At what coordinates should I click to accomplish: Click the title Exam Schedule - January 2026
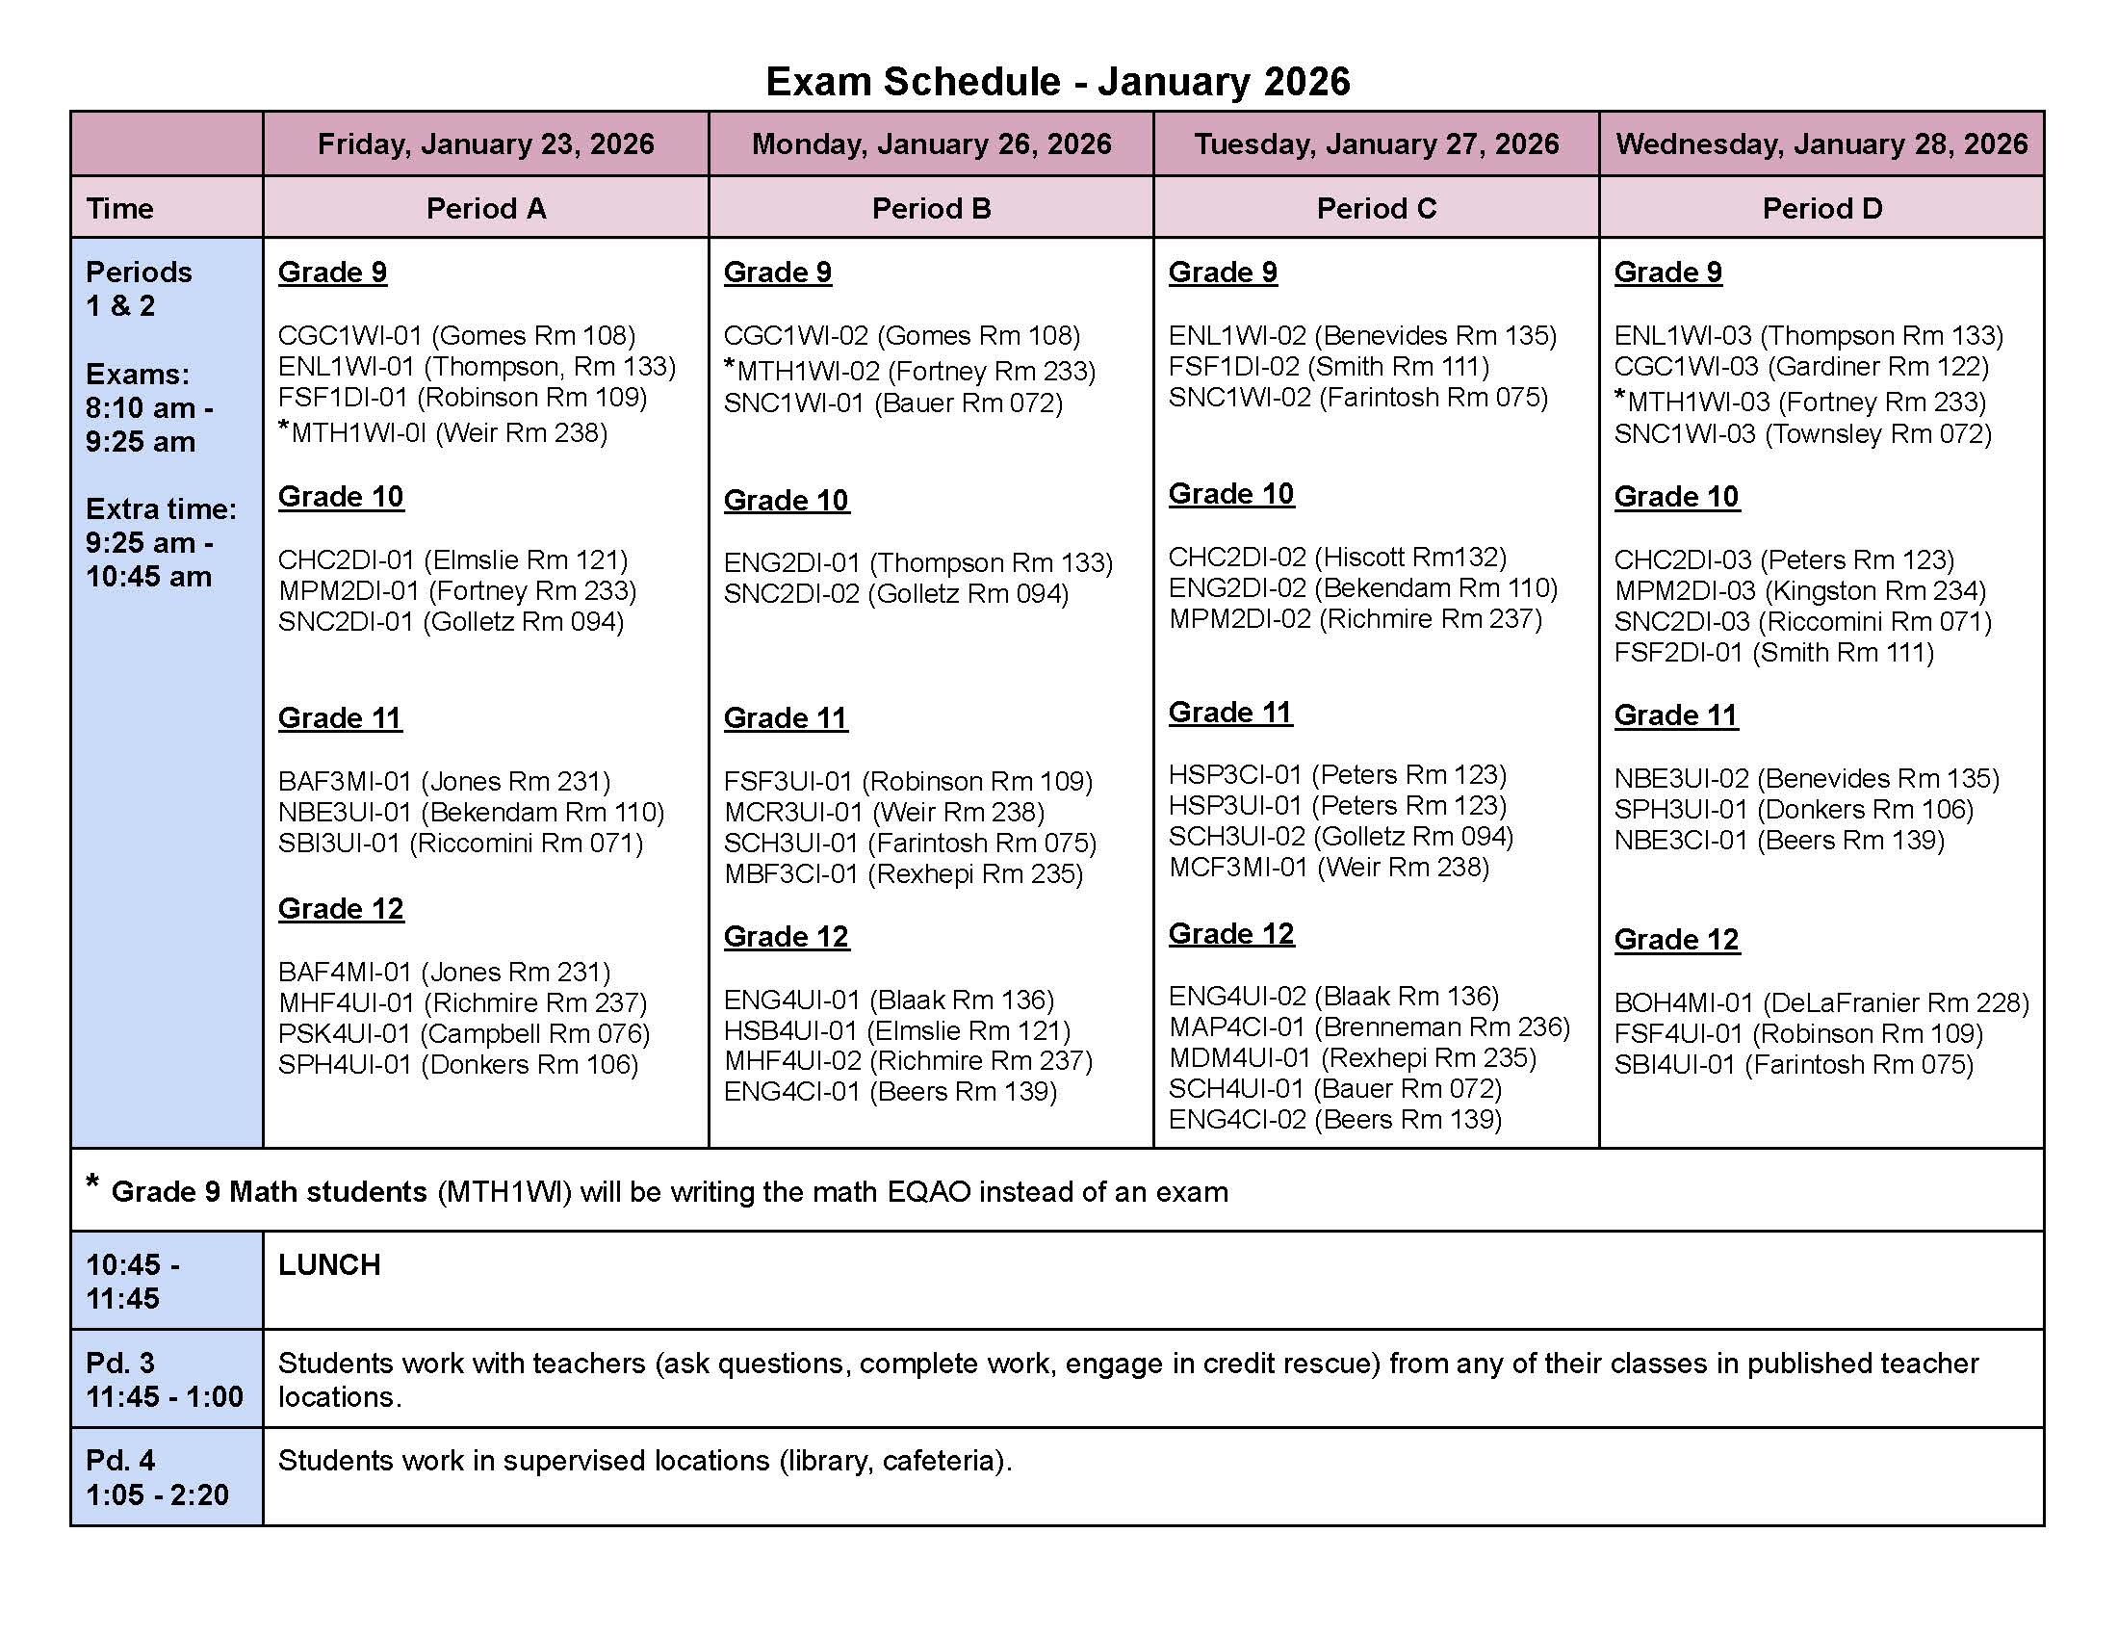point(1057,82)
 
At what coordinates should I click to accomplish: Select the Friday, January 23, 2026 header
point(486,144)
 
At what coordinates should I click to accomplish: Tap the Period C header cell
point(1376,209)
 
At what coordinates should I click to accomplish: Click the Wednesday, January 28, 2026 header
point(1821,144)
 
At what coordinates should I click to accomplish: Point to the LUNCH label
point(329,1264)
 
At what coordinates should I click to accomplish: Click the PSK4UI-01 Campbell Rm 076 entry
point(464,1034)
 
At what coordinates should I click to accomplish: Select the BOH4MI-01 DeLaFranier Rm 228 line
point(1821,1002)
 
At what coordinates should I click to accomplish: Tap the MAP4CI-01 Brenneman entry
point(1368,1027)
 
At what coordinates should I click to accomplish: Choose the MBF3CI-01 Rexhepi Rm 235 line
point(903,873)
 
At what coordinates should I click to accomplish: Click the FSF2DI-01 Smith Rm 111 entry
point(1773,653)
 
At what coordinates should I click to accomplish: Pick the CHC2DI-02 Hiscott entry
point(1337,558)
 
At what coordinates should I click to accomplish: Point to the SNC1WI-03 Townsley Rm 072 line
point(1803,433)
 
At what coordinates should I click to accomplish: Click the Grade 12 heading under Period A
point(341,909)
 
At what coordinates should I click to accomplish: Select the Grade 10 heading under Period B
point(786,501)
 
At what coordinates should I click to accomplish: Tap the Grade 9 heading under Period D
point(1668,273)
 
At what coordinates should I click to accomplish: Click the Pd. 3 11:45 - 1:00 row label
point(164,1379)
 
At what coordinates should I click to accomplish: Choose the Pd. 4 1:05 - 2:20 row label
point(157,1477)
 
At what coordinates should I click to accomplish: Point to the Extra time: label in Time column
point(161,509)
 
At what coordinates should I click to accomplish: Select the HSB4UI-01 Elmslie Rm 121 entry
point(897,1030)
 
